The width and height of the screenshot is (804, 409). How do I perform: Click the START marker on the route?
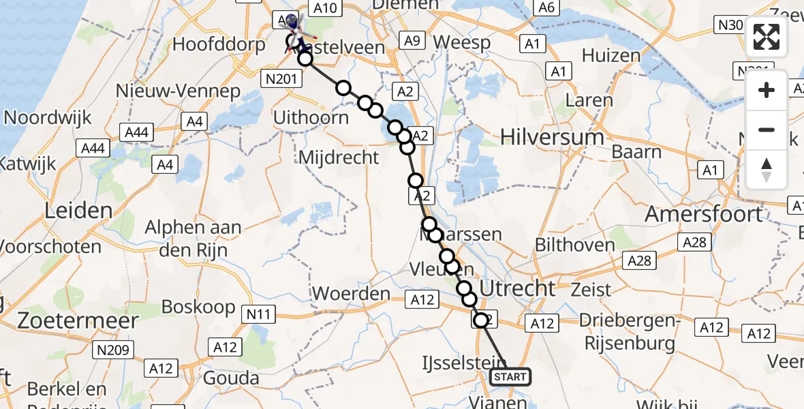[x=510, y=377]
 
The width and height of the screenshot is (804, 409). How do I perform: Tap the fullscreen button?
[x=767, y=37]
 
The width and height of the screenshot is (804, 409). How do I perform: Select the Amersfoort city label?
[x=703, y=213]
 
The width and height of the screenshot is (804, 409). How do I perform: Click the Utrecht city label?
[x=518, y=288]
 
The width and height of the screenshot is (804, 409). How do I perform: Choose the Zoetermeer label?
[x=69, y=320]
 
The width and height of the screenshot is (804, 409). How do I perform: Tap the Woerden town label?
[x=351, y=294]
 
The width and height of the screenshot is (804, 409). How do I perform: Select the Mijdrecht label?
[x=339, y=157]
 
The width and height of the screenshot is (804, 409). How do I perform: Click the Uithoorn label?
[x=311, y=117]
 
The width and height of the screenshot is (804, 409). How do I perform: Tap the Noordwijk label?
[x=48, y=117]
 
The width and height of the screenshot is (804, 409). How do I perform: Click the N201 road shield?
[x=280, y=80]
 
